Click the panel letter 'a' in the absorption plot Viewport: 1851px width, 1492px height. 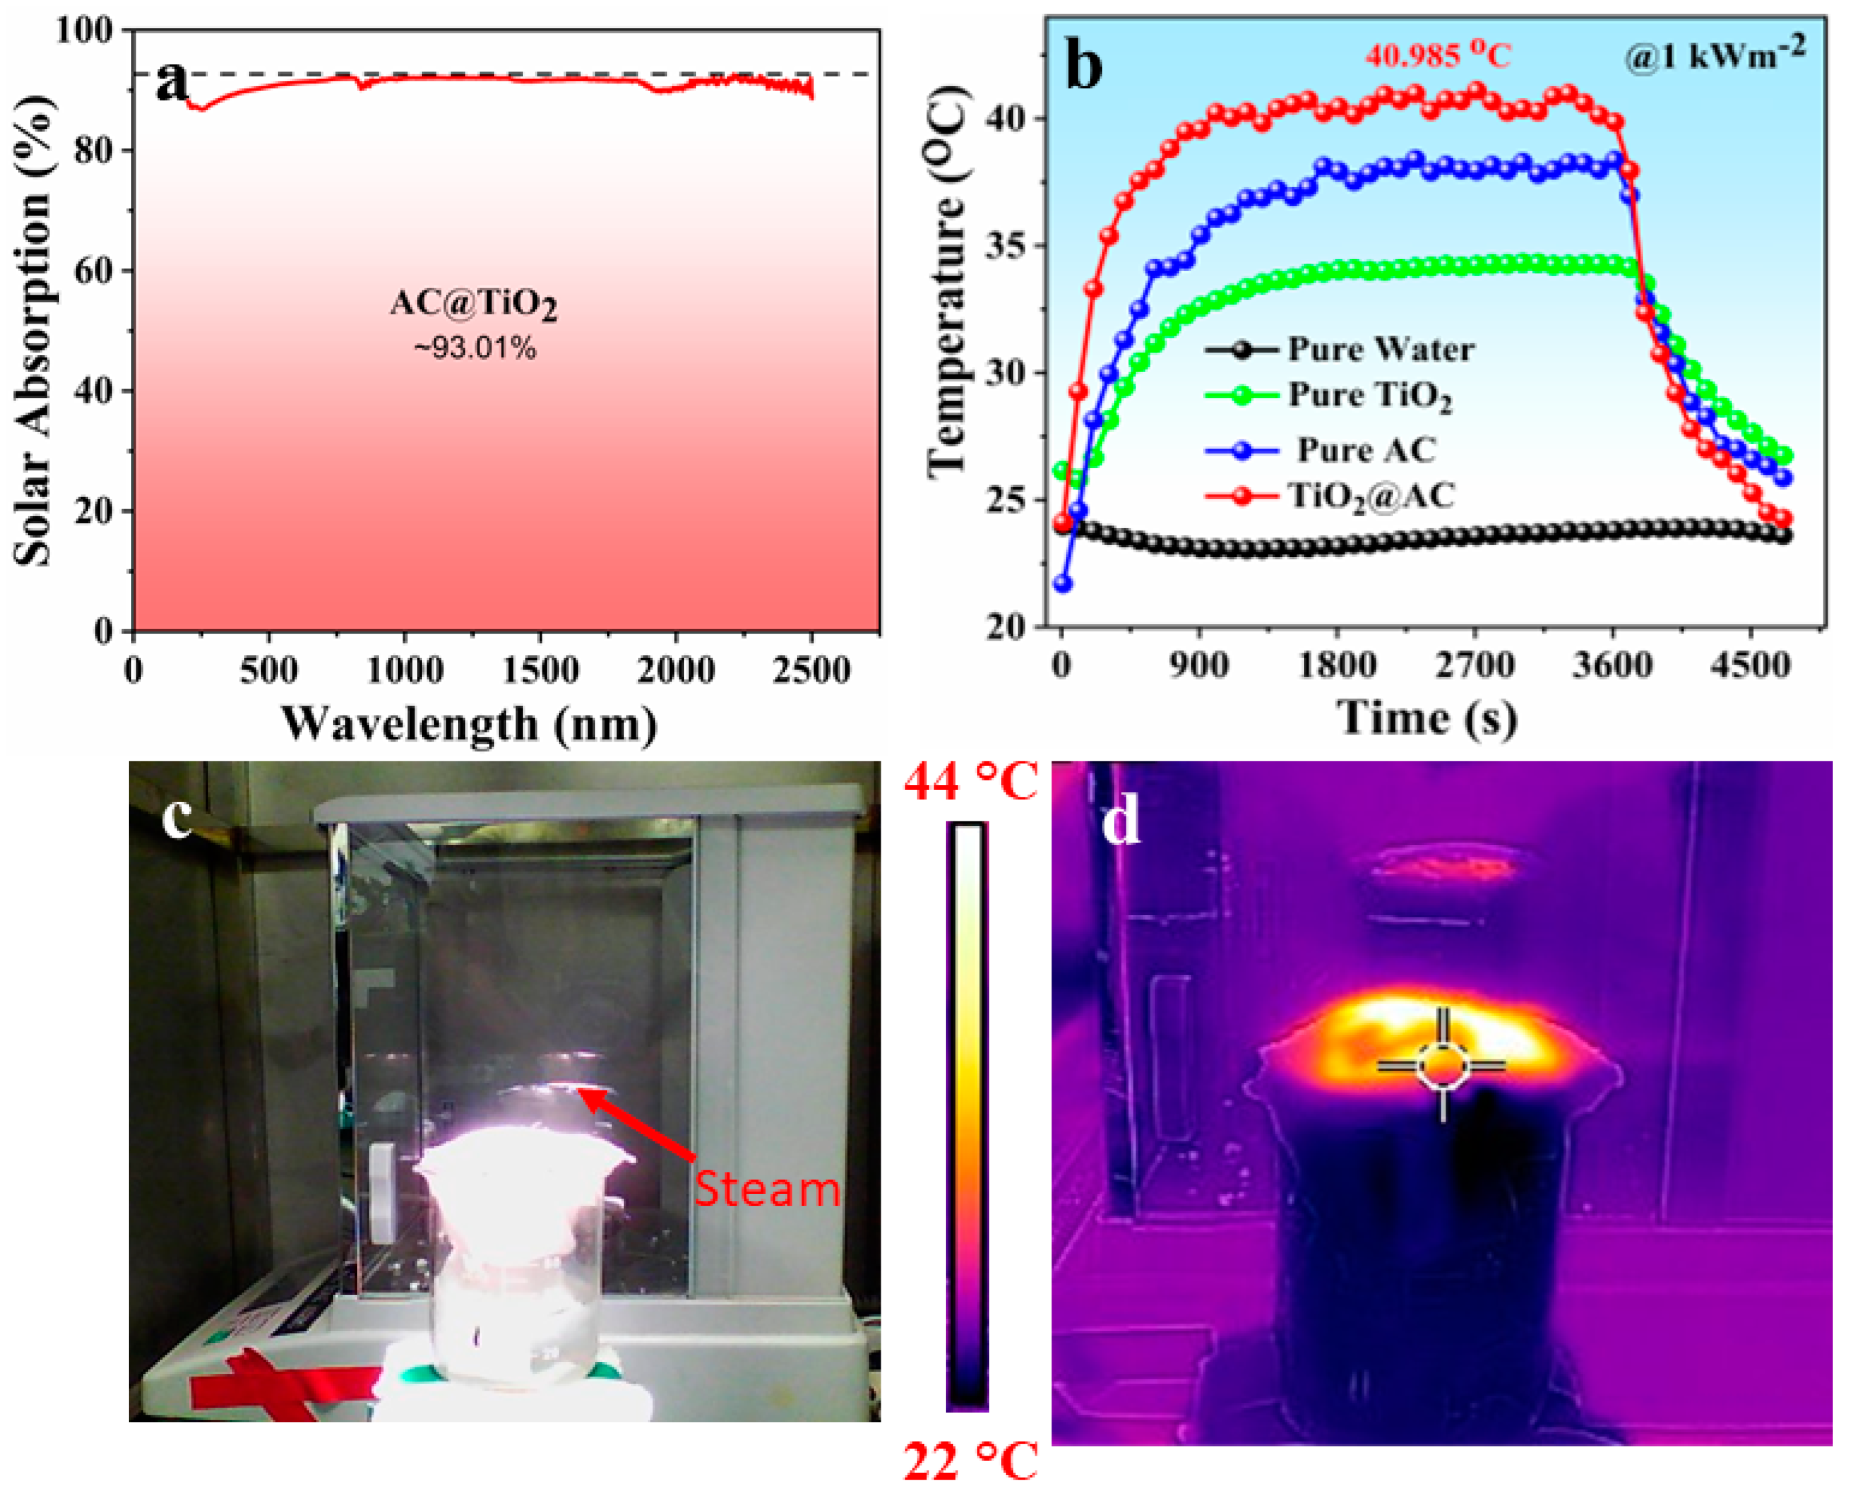click(173, 82)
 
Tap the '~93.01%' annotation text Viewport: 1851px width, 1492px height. click(475, 348)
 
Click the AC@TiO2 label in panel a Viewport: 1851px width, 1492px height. click(473, 304)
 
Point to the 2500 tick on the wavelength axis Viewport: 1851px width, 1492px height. click(811, 669)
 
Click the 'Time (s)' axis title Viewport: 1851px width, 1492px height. click(1427, 716)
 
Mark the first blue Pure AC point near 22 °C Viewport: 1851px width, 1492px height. click(1063, 584)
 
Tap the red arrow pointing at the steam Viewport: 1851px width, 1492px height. click(640, 1125)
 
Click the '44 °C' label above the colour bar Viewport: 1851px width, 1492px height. click(970, 782)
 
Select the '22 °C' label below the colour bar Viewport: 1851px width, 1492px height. click(970, 1461)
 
